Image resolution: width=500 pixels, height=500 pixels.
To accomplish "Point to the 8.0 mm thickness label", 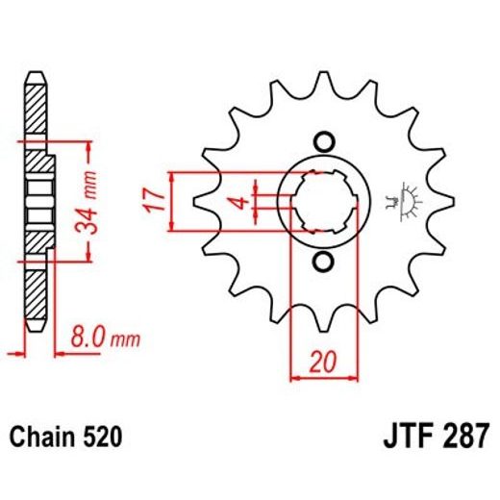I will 105,337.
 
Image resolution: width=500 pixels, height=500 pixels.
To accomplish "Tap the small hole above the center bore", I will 324,140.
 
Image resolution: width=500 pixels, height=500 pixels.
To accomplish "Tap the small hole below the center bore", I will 324,262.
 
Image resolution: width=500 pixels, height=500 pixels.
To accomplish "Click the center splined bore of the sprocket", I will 324,201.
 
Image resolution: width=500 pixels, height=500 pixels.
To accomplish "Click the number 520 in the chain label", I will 101,438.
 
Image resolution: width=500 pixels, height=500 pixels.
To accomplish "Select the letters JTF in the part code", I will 410,437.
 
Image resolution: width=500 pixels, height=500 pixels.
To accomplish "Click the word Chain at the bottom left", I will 44,438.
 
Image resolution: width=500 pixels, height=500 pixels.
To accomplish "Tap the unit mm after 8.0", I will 126,338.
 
